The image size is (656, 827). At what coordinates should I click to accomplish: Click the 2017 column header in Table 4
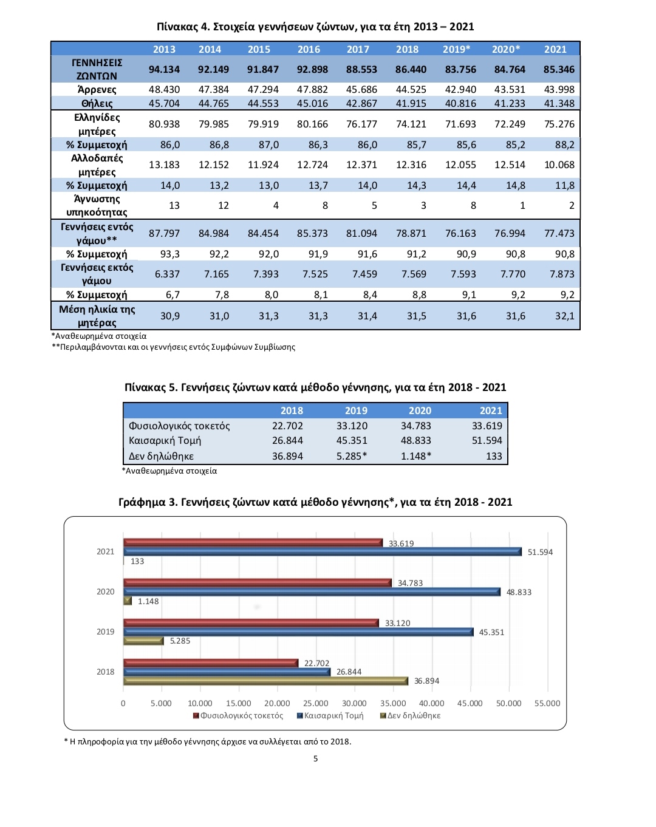358,49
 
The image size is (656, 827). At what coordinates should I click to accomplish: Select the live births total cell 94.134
164,70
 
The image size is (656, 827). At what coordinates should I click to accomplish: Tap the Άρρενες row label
97,89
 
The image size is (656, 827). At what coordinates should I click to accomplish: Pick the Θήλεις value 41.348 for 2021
559,103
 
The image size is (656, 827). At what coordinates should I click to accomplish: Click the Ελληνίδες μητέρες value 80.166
312,124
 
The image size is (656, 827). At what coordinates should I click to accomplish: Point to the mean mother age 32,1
564,316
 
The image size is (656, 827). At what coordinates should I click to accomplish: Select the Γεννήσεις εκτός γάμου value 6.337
167,274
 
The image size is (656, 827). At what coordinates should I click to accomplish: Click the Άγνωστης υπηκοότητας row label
97,206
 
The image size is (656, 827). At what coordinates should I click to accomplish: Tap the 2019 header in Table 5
356,411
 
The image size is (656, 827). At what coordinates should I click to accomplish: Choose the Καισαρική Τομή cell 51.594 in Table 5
487,440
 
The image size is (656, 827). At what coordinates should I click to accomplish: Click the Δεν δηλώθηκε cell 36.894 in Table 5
288,456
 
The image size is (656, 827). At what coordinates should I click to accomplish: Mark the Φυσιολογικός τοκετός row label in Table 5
179,426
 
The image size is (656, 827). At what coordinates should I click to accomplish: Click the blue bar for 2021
323,552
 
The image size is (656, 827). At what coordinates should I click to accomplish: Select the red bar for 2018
211,663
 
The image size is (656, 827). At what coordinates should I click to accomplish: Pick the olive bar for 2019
143,641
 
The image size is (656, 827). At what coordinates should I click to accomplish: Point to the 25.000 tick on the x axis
316,703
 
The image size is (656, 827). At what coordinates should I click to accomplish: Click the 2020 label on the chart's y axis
105,591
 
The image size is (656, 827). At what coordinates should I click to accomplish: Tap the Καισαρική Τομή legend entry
330,715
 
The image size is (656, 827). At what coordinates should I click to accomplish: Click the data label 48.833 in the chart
519,592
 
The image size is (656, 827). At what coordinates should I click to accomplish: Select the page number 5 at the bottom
316,758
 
